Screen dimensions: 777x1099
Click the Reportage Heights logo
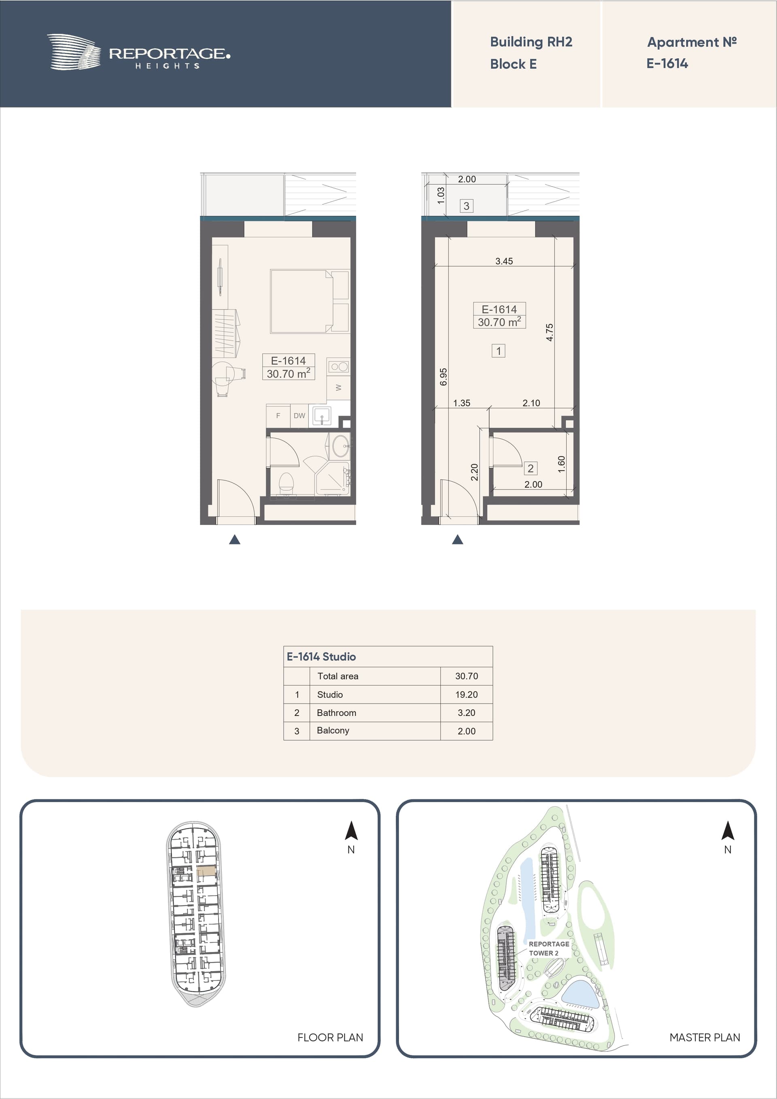click(138, 52)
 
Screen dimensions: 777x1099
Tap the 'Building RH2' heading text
click(531, 42)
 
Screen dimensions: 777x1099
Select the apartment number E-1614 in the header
click(667, 64)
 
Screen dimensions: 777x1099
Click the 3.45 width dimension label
click(504, 261)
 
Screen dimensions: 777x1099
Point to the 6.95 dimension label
click(443, 377)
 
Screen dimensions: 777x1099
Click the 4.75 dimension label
click(550, 332)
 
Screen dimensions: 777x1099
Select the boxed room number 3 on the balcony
click(466, 206)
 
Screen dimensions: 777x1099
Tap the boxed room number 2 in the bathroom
click(531, 468)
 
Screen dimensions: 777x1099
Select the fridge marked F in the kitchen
click(278, 416)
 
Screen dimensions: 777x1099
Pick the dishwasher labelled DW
click(299, 416)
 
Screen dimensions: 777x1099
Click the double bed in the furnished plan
click(301, 301)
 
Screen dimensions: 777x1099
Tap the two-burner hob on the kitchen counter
click(339, 367)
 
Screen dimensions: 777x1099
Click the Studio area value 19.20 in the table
click(466, 694)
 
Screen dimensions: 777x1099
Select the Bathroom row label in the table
click(337, 713)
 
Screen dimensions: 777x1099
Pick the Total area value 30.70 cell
click(466, 676)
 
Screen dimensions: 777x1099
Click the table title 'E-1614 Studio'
click(321, 657)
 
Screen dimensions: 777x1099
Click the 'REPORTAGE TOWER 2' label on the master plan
click(549, 948)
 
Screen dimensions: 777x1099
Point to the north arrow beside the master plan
click(728, 830)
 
